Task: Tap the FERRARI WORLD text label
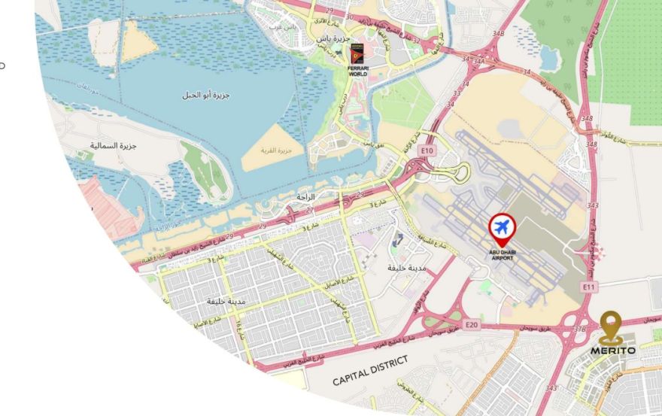pyautogui.click(x=357, y=70)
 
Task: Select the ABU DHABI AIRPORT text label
pyautogui.click(x=503, y=254)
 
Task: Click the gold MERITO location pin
pyautogui.click(x=611, y=327)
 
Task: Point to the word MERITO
pyautogui.click(x=612, y=350)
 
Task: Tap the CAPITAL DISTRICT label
pyautogui.click(x=370, y=371)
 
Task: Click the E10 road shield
pyautogui.click(x=428, y=150)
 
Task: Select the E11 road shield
pyautogui.click(x=589, y=287)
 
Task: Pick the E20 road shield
pyautogui.click(x=472, y=324)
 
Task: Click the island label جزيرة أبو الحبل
pyautogui.click(x=205, y=96)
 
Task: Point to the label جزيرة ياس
pyautogui.click(x=333, y=38)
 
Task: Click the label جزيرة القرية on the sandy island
pyautogui.click(x=274, y=150)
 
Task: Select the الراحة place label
pyautogui.click(x=305, y=196)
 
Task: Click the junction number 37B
pyautogui.click(x=579, y=329)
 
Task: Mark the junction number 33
pyautogui.click(x=456, y=93)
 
